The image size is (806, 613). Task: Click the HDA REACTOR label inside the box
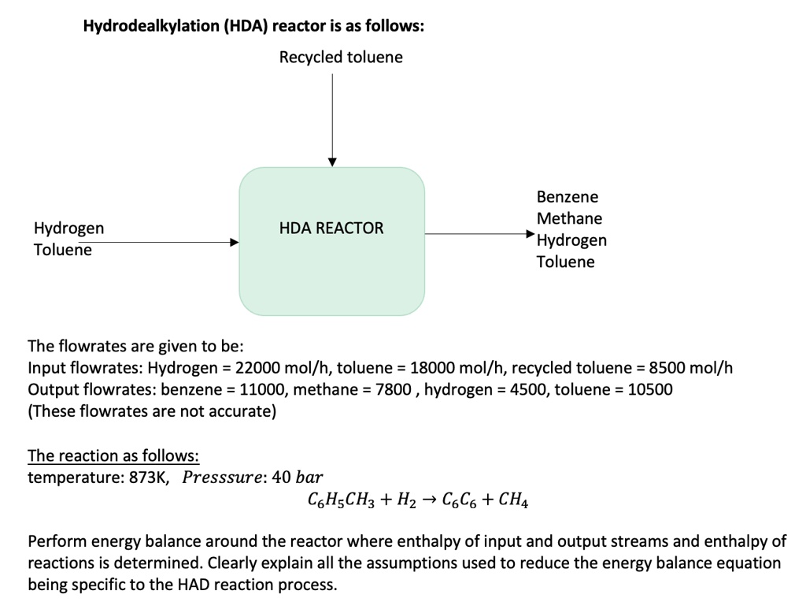331,228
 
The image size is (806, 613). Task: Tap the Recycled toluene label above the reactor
341,58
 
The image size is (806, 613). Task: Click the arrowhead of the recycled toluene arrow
332,162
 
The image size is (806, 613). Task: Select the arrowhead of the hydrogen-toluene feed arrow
234,243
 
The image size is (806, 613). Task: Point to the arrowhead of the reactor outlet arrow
530,233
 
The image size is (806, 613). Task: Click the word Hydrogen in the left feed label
68,228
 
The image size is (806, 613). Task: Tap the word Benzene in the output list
568,197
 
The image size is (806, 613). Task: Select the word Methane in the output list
569,218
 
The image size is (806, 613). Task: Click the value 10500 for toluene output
650,389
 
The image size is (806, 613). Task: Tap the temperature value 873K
148,477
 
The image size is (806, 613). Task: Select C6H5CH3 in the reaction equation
338,499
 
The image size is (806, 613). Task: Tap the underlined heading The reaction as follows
113,456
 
